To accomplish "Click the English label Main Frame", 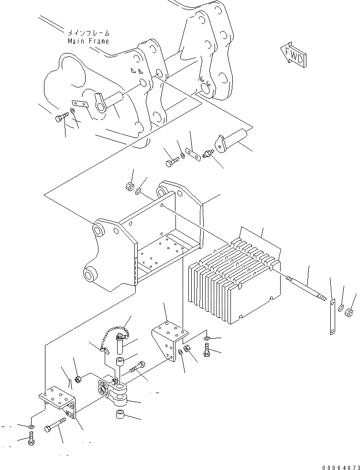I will tap(88, 41).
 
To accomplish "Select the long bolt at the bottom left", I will tap(55, 426).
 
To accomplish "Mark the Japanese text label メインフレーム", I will tap(88, 33).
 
